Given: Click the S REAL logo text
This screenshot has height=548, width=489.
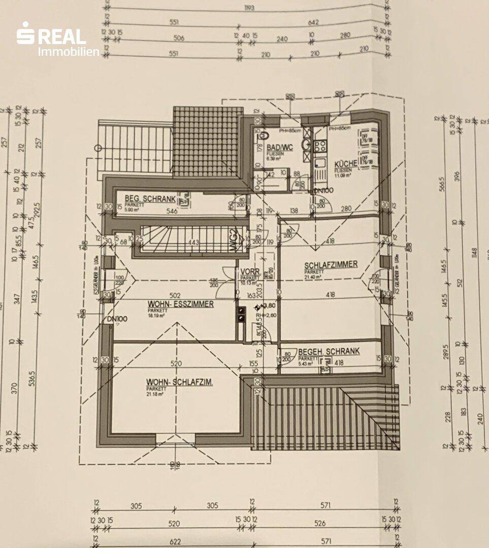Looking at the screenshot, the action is click(51, 36).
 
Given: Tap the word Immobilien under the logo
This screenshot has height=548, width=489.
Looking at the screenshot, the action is click(69, 51).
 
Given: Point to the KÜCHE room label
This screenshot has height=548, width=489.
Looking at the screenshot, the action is click(345, 164).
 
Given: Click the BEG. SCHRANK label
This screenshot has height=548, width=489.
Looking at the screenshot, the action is click(146, 198).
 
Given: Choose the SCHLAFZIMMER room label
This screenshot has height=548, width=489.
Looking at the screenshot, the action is click(331, 265).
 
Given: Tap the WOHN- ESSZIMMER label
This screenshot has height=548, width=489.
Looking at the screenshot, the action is click(180, 304).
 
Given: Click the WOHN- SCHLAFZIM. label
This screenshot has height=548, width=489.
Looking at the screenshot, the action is click(179, 382).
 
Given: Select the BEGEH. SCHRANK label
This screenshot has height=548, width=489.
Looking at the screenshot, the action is click(329, 351).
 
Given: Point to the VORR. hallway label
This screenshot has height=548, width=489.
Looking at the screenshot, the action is click(250, 271).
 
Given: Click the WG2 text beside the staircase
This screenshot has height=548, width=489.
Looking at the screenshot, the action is click(234, 239).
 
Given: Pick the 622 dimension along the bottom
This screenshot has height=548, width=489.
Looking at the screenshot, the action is click(175, 541).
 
